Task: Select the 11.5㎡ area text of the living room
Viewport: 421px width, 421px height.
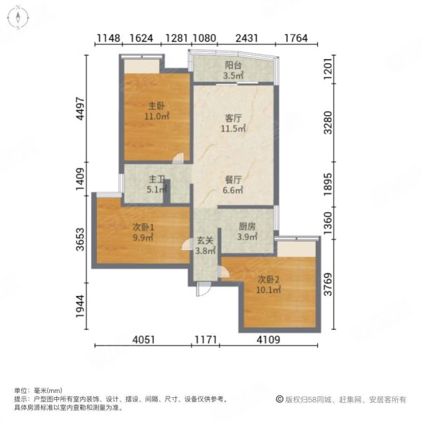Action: (234, 129)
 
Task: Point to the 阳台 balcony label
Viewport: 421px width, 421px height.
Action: (234, 64)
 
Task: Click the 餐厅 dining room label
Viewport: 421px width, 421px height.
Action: (234, 180)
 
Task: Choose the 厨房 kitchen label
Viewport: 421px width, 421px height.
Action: (247, 227)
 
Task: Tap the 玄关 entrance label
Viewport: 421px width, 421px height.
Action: (204, 241)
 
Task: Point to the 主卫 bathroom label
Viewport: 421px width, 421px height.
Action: (156, 179)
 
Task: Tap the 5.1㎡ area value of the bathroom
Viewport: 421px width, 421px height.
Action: (156, 189)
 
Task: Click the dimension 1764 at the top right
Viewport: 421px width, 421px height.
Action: (299, 39)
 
